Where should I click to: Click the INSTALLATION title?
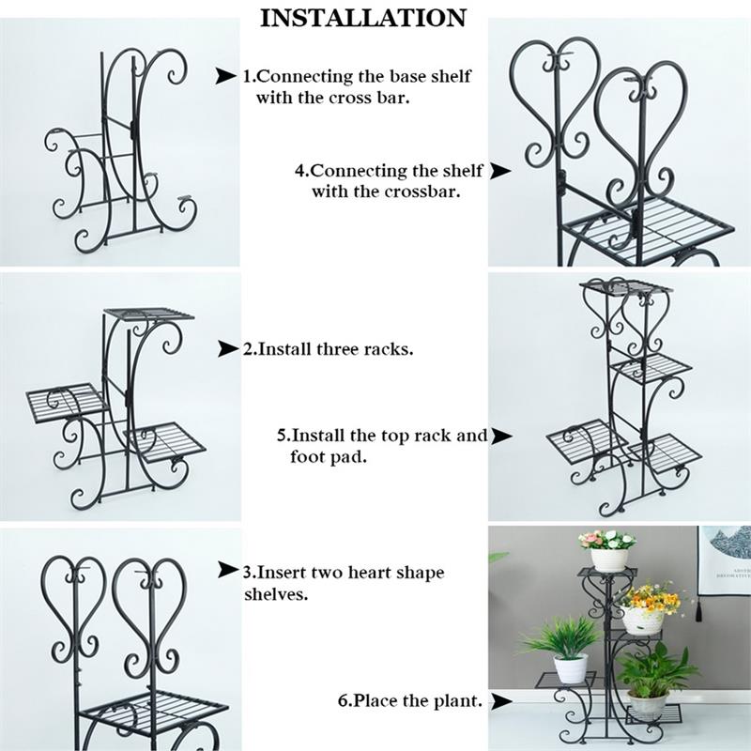point(363,18)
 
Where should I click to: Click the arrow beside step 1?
point(225,76)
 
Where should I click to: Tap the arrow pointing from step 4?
point(500,171)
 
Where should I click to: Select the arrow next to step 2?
point(228,348)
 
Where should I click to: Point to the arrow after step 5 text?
point(501,436)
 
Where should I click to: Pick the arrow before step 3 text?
point(228,570)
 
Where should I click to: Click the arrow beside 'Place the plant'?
point(501,701)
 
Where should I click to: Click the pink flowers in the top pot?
point(606,539)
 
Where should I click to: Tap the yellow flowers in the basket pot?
point(650,597)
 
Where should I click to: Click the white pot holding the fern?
point(571,667)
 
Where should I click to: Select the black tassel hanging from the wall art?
point(698,611)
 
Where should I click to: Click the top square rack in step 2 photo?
point(149,314)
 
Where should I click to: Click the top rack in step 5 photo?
point(625,286)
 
